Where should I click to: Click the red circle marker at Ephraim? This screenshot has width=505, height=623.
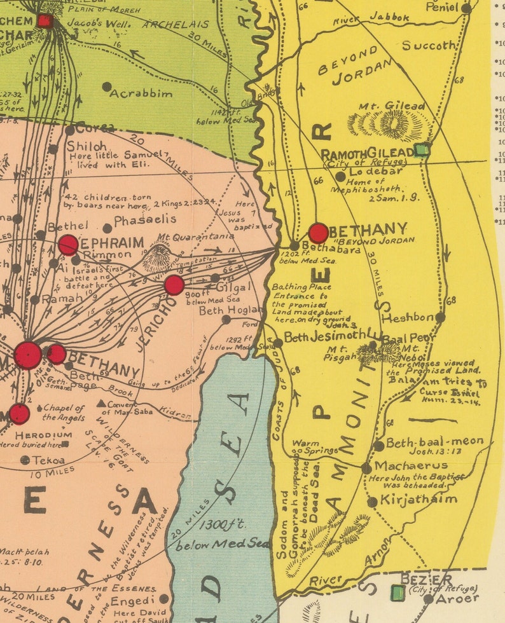pos(68,245)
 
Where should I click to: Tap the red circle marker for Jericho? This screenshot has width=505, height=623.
pos(174,285)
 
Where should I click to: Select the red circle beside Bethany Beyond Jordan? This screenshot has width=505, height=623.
pos(319,233)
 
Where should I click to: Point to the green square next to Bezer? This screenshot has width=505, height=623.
pos(398,593)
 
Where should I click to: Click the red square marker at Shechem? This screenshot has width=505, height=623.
pos(45,21)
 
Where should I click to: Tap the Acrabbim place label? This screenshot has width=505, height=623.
pos(141,93)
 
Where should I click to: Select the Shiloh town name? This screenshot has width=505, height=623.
pos(86,146)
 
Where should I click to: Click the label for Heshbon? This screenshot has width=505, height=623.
pos(408,317)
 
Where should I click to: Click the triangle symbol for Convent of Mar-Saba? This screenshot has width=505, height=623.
pos(100,404)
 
